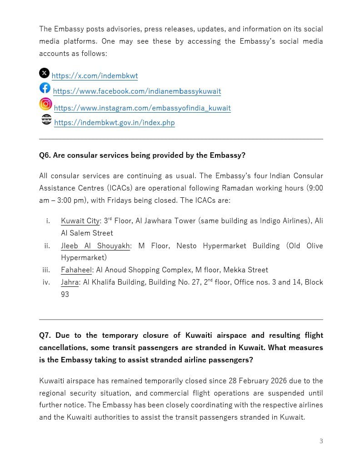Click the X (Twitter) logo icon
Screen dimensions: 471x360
coord(44,73)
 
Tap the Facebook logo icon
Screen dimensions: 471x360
coord(45,88)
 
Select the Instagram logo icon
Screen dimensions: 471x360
coord(45,104)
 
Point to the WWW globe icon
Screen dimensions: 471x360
coord(46,120)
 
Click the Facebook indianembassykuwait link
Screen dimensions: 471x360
coord(137,91)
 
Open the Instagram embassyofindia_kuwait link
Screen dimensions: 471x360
coord(142,108)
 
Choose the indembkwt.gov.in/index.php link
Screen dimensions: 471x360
coord(114,123)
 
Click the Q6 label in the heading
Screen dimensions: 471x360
coord(45,155)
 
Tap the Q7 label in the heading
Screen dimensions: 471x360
coord(45,336)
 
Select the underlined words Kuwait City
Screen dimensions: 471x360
coord(80,221)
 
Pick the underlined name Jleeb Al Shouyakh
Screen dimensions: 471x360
coord(95,246)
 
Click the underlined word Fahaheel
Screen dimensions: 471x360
coord(76,270)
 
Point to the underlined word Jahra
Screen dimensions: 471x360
coord(70,282)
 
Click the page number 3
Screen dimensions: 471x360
coord(321,441)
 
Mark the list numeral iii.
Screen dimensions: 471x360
coord(46,270)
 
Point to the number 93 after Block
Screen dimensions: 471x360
coord(65,295)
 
